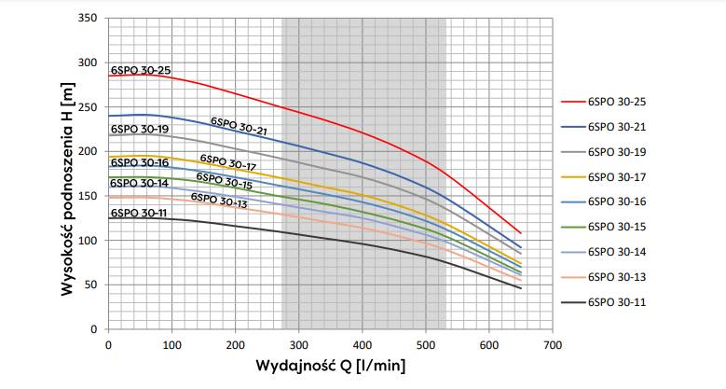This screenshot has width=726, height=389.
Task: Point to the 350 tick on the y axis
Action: coord(89,18)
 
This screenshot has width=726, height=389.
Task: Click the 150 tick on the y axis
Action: coord(89,196)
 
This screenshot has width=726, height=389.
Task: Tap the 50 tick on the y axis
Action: coord(92,285)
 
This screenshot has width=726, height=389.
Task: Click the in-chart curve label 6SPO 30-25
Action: coord(140,70)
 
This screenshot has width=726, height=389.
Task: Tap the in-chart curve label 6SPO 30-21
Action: coord(240,127)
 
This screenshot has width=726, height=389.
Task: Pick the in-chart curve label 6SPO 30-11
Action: coord(138,213)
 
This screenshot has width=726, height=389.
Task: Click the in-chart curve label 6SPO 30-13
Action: coord(219,200)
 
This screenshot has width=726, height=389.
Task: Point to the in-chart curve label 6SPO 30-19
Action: coord(139,129)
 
